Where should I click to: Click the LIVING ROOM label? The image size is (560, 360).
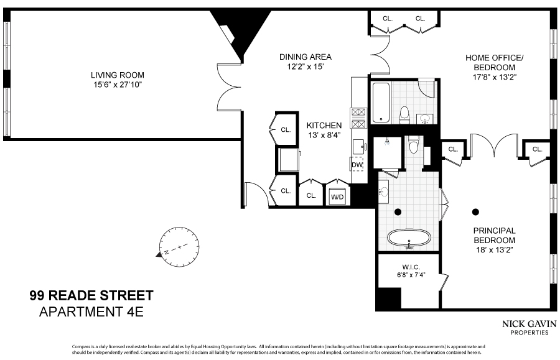117,75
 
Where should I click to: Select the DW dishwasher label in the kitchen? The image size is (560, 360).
357,165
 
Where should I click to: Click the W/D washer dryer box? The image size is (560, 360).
337,196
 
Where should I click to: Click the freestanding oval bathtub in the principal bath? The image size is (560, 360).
409,239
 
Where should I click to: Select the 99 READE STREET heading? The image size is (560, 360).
91,295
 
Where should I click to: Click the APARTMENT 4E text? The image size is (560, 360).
91,312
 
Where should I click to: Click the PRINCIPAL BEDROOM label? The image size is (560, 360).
495,234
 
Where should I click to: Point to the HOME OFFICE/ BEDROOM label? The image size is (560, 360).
495,63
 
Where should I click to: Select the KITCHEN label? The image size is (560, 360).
319,125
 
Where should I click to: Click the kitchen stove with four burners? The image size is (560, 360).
359,118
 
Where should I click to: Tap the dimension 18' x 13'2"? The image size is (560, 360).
495,249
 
